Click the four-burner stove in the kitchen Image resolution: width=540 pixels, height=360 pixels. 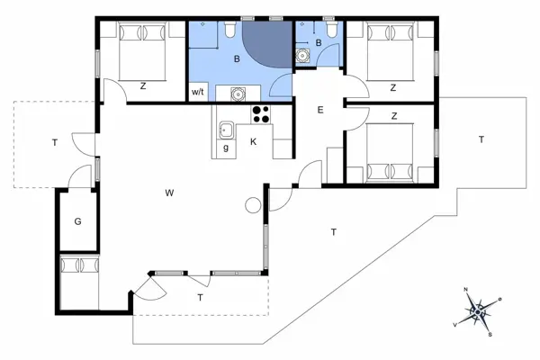(262, 114)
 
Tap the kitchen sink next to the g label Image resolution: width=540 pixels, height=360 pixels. (226, 130)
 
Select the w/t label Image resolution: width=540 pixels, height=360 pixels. (197, 92)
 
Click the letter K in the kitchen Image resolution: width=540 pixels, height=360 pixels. (254, 142)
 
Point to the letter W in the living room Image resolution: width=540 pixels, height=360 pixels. (168, 193)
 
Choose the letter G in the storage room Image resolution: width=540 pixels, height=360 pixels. (78, 220)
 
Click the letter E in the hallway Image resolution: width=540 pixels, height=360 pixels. (319, 110)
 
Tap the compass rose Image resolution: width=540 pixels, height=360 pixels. (481, 311)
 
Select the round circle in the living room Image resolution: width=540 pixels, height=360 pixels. (251, 206)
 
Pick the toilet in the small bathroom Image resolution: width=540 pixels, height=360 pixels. (332, 32)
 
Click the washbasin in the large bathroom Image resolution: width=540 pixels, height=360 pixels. (238, 92)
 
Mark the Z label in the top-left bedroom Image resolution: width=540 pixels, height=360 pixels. (143, 86)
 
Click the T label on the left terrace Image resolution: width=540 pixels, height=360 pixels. (55, 142)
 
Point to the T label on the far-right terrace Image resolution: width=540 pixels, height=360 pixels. (481, 139)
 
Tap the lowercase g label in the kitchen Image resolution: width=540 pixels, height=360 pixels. (225, 147)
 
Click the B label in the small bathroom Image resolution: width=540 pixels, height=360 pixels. (319, 42)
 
